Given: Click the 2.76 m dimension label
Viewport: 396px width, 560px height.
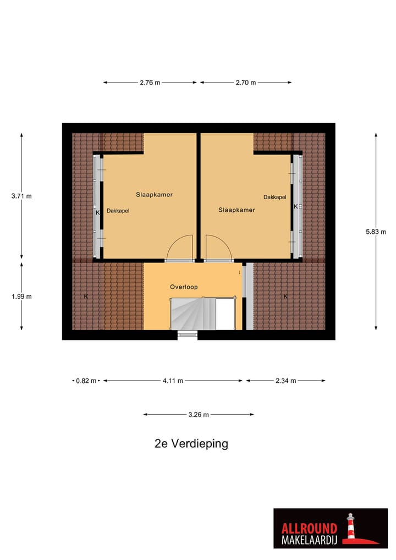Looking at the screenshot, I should coord(150,83).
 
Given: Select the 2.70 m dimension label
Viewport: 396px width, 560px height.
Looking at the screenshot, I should coord(245,83).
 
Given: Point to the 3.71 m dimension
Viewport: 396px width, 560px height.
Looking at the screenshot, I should coord(21,196).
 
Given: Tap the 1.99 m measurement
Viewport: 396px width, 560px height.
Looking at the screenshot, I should coord(21,297).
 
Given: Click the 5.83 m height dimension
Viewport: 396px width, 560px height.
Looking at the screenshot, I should coord(376,232).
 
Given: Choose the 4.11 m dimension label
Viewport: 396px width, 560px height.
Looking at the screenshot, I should coord(173,381).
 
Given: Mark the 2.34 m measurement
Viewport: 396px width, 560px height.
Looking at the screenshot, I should coord(285,381).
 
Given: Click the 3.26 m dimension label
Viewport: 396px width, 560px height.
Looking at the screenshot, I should coord(199,415).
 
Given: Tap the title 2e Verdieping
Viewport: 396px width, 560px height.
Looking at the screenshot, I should coord(191,443).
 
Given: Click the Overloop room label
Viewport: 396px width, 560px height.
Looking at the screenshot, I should coord(184,287).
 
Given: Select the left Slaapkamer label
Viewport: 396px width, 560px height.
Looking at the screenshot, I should coord(151,195).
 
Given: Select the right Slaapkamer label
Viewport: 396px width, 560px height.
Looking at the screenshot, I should coord(237,210).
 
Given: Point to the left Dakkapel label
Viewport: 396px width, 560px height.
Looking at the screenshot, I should coord(118,210).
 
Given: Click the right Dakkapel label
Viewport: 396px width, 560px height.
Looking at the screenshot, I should coord(274,197).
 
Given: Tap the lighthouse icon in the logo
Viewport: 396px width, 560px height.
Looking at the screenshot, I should coord(350,527).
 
